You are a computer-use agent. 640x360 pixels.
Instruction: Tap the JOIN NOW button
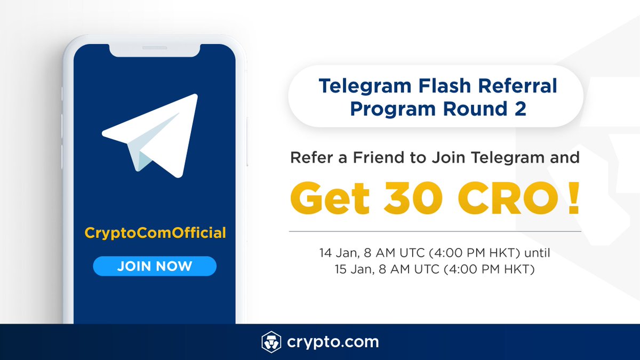(x=155, y=266)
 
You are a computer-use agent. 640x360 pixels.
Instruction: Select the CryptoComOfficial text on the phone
(x=155, y=233)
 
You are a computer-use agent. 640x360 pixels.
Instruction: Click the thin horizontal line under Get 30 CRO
(x=435, y=232)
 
